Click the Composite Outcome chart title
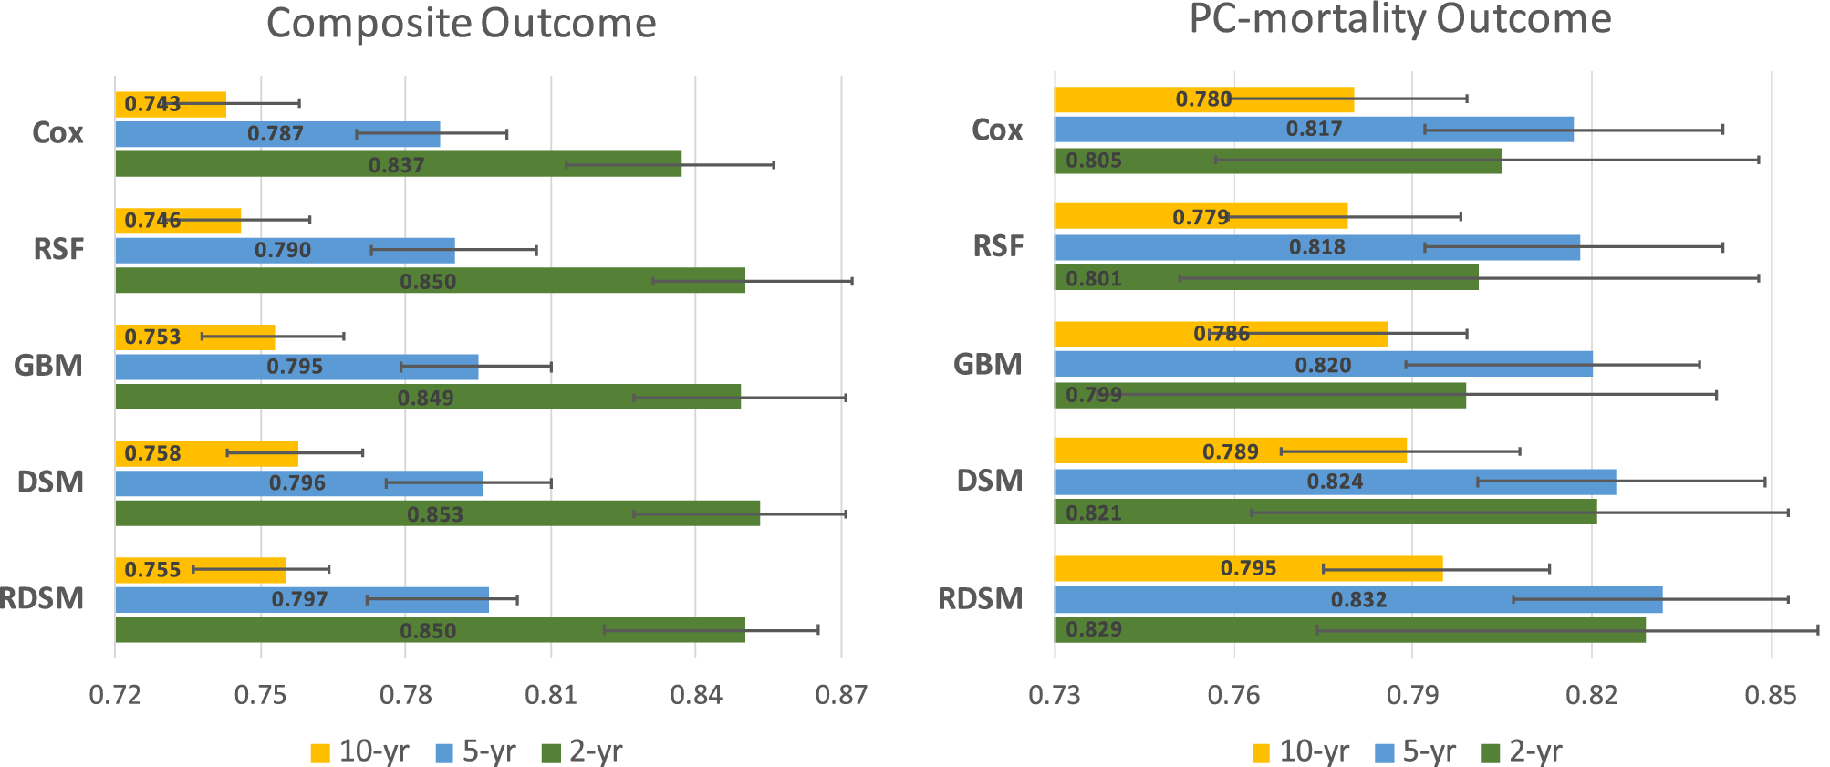point(461,24)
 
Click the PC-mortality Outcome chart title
point(1400,19)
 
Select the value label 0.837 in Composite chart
point(396,165)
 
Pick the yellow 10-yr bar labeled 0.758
point(207,453)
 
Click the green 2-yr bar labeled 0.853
point(437,513)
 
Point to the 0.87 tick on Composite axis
point(840,696)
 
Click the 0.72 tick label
point(115,696)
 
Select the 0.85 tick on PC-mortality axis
point(1770,696)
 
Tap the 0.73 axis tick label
point(1055,696)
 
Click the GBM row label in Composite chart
point(48,366)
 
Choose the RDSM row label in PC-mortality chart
point(981,599)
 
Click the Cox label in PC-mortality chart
point(997,130)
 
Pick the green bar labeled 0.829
point(1350,629)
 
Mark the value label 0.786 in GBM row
point(1222,334)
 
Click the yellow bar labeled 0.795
point(1248,568)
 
